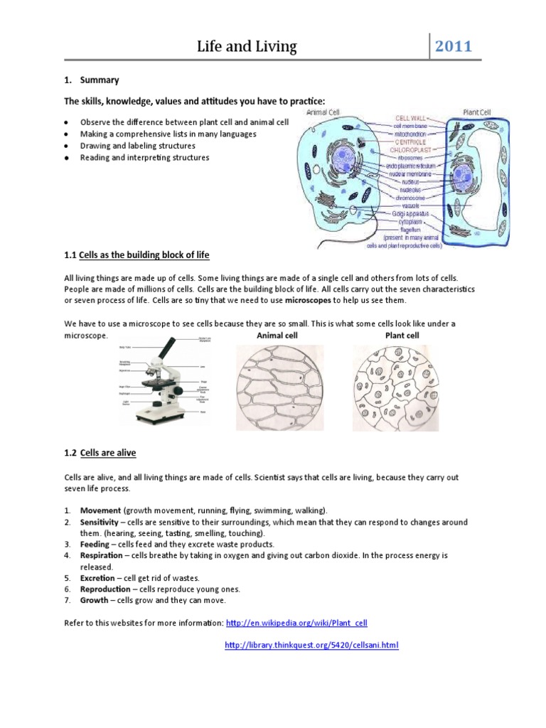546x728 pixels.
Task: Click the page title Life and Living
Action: tap(247, 48)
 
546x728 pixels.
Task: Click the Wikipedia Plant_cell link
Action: tap(296, 623)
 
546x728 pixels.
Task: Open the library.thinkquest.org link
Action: tap(311, 645)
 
